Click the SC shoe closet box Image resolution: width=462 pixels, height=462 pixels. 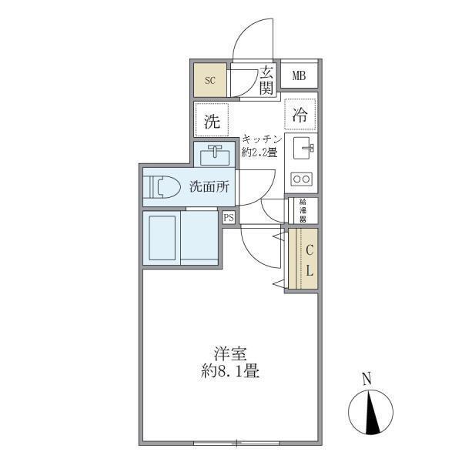pyautogui.click(x=210, y=79)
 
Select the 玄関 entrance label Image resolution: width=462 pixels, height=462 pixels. pyautogui.click(x=266, y=80)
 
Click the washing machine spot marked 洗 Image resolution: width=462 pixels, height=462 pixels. pyautogui.click(x=211, y=120)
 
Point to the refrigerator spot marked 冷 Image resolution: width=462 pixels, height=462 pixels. pyautogui.click(x=300, y=116)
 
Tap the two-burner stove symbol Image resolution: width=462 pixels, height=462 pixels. pyautogui.click(x=301, y=179)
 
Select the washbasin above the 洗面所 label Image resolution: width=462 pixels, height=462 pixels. pyautogui.click(x=215, y=156)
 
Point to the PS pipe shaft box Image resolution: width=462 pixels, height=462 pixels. pyautogui.click(x=229, y=218)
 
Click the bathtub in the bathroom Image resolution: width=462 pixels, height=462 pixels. pyautogui.click(x=163, y=239)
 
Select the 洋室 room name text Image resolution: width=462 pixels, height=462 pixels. pyautogui.click(x=230, y=355)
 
